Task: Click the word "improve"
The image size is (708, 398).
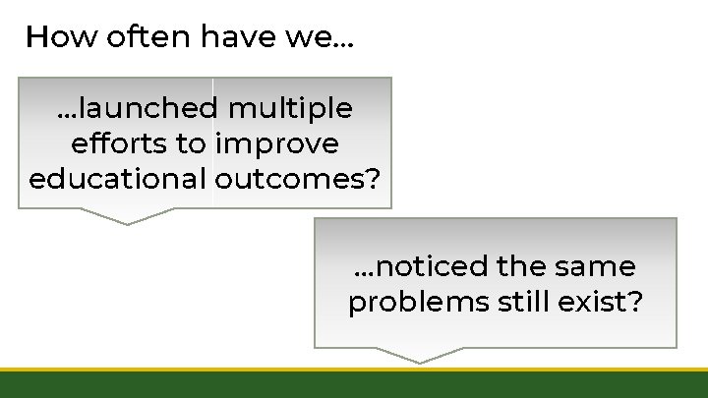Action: [276, 143]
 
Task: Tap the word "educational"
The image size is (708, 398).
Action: [116, 180]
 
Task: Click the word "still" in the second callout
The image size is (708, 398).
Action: [526, 302]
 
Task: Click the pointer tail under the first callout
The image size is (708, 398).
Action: [128, 216]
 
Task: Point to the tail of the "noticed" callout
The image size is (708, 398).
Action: [421, 355]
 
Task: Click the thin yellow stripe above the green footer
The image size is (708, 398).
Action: [354, 370]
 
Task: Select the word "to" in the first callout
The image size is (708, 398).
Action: [190, 143]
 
